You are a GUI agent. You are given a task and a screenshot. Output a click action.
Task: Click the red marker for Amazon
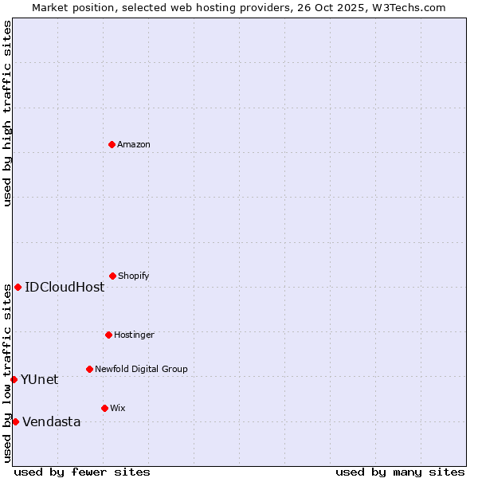(112, 144)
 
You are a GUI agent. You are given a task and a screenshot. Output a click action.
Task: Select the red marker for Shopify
(112, 276)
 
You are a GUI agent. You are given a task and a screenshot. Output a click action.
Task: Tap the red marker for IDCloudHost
(18, 287)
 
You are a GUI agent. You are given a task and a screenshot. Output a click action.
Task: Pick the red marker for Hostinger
(108, 335)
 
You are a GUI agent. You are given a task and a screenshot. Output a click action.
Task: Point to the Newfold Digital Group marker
(89, 369)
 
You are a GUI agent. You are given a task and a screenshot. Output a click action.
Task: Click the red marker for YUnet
(14, 379)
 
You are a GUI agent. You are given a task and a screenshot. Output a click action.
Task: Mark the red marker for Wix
(104, 408)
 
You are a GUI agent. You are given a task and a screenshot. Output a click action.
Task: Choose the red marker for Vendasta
(15, 421)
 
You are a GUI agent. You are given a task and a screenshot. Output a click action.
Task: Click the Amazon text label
(133, 144)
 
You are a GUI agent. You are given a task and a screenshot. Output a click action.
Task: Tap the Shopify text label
(133, 276)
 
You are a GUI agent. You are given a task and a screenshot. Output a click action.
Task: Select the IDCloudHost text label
(64, 287)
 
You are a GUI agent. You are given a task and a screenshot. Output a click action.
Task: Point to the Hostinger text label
(134, 335)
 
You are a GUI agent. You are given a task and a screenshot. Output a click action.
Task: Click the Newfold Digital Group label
(141, 369)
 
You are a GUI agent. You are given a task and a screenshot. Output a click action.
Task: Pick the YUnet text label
(39, 379)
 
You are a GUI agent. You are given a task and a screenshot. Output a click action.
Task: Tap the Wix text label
(117, 408)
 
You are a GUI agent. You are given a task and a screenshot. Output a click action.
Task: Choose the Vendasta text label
(51, 421)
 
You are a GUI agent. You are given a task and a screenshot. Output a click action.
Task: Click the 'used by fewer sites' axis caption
(81, 472)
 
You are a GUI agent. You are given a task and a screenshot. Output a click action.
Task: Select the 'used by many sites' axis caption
(400, 472)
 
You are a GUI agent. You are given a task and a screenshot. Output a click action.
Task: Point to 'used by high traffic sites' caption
(7, 113)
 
